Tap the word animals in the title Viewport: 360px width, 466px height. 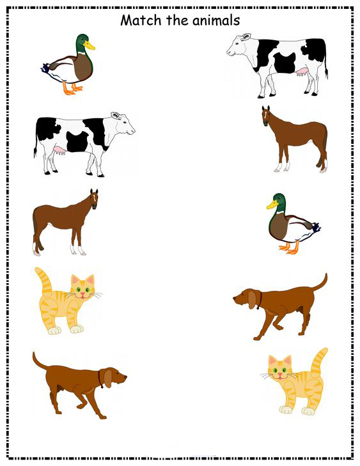tap(216, 20)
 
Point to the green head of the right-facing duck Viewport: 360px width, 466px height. tap(82, 42)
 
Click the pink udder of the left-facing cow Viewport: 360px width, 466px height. tap(302, 72)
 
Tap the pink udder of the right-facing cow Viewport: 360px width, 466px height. tap(59, 150)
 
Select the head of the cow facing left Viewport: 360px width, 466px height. tap(239, 45)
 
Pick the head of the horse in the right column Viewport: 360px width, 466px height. tap(266, 116)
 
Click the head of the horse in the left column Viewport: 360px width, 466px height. tap(94, 199)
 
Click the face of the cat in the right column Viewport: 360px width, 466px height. tap(280, 369)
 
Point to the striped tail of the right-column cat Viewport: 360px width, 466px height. tap(319, 362)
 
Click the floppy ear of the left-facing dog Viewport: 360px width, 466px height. tap(253, 300)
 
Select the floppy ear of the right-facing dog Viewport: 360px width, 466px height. tap(106, 377)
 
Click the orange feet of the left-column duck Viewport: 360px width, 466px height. tap(72, 89)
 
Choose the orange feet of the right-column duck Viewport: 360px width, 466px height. tap(289, 248)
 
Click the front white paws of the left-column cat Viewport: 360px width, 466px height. tap(66, 330)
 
